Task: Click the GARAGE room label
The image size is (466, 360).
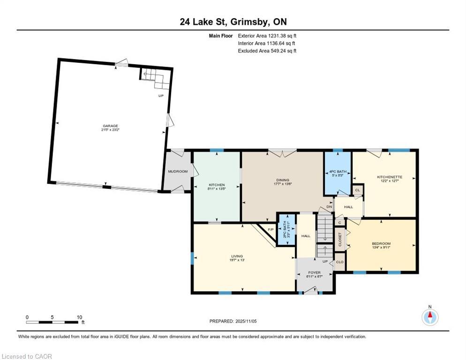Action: tap(111, 126)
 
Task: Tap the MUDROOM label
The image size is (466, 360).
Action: tap(178, 172)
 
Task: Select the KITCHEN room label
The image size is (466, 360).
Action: tap(217, 185)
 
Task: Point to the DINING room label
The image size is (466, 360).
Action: tap(283, 180)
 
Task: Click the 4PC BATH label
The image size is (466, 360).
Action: tap(338, 172)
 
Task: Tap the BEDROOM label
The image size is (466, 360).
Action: tap(381, 243)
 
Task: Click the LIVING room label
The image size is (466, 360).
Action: tap(237, 256)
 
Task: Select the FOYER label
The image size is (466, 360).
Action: tap(314, 272)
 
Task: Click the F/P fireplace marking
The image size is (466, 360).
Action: tap(271, 229)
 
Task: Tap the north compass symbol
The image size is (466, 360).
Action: tap(430, 317)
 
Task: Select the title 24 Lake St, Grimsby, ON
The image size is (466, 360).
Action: tap(233, 22)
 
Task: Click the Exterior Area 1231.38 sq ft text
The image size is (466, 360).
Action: tap(267, 35)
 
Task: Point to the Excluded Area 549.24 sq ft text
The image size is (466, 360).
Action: tap(267, 51)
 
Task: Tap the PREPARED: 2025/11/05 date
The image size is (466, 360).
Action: tap(233, 321)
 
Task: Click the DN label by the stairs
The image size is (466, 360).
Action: tap(329, 207)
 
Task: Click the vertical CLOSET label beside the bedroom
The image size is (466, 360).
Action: tap(340, 240)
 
